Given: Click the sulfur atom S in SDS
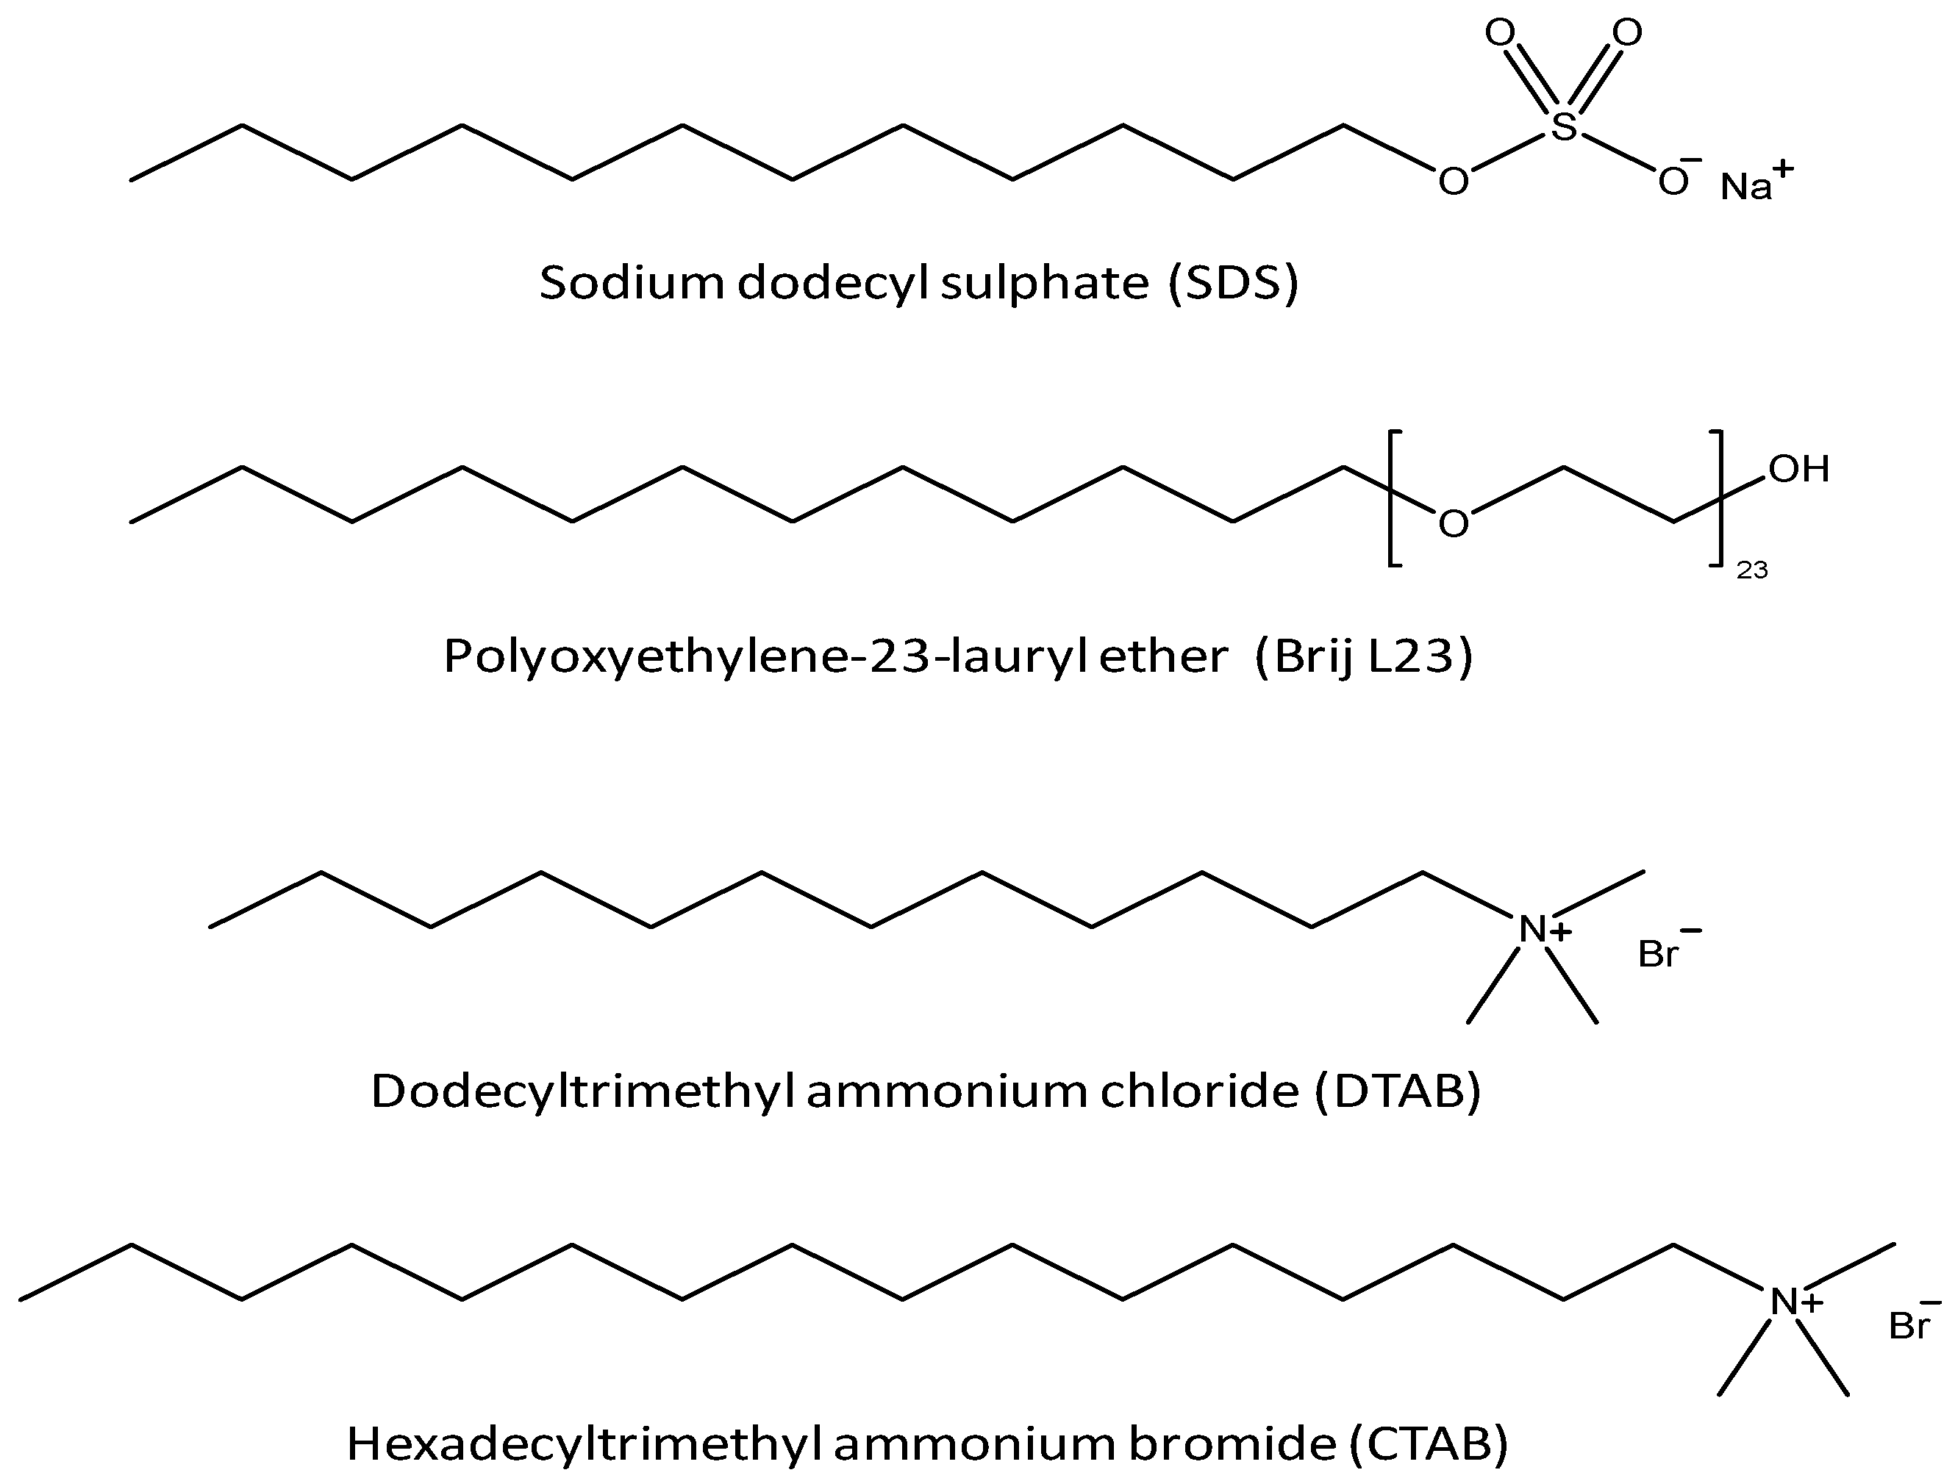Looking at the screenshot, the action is pyautogui.click(x=1563, y=127).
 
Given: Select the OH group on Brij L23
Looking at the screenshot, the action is pyautogui.click(x=1798, y=469).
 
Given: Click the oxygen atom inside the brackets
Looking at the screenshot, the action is pyautogui.click(x=1454, y=524).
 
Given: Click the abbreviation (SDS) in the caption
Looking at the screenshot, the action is pyautogui.click(x=1233, y=284).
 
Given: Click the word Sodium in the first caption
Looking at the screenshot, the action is pyautogui.click(x=632, y=284).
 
